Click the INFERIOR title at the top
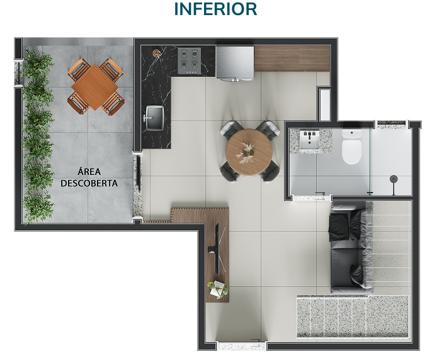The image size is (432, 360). pos(216,9)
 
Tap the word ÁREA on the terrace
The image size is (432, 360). pos(89,171)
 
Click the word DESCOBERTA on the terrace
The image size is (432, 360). pos(89,183)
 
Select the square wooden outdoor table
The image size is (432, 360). pos(94,87)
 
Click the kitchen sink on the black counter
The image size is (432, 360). pos(154,118)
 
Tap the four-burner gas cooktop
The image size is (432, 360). pos(189,61)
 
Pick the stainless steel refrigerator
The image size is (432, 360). pos(235,64)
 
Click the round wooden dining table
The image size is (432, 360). pos(249,152)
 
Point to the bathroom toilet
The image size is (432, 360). pos(351,147)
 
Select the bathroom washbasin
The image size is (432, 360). pos(310,140)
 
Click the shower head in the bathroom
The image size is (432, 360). pos(394,179)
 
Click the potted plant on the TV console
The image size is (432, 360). pos(218,290)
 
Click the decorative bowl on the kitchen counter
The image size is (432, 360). pos(157,53)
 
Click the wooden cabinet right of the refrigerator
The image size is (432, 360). pos(292,59)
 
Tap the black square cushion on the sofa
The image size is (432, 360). pos(339,227)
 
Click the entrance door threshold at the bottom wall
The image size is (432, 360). pos(242,346)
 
